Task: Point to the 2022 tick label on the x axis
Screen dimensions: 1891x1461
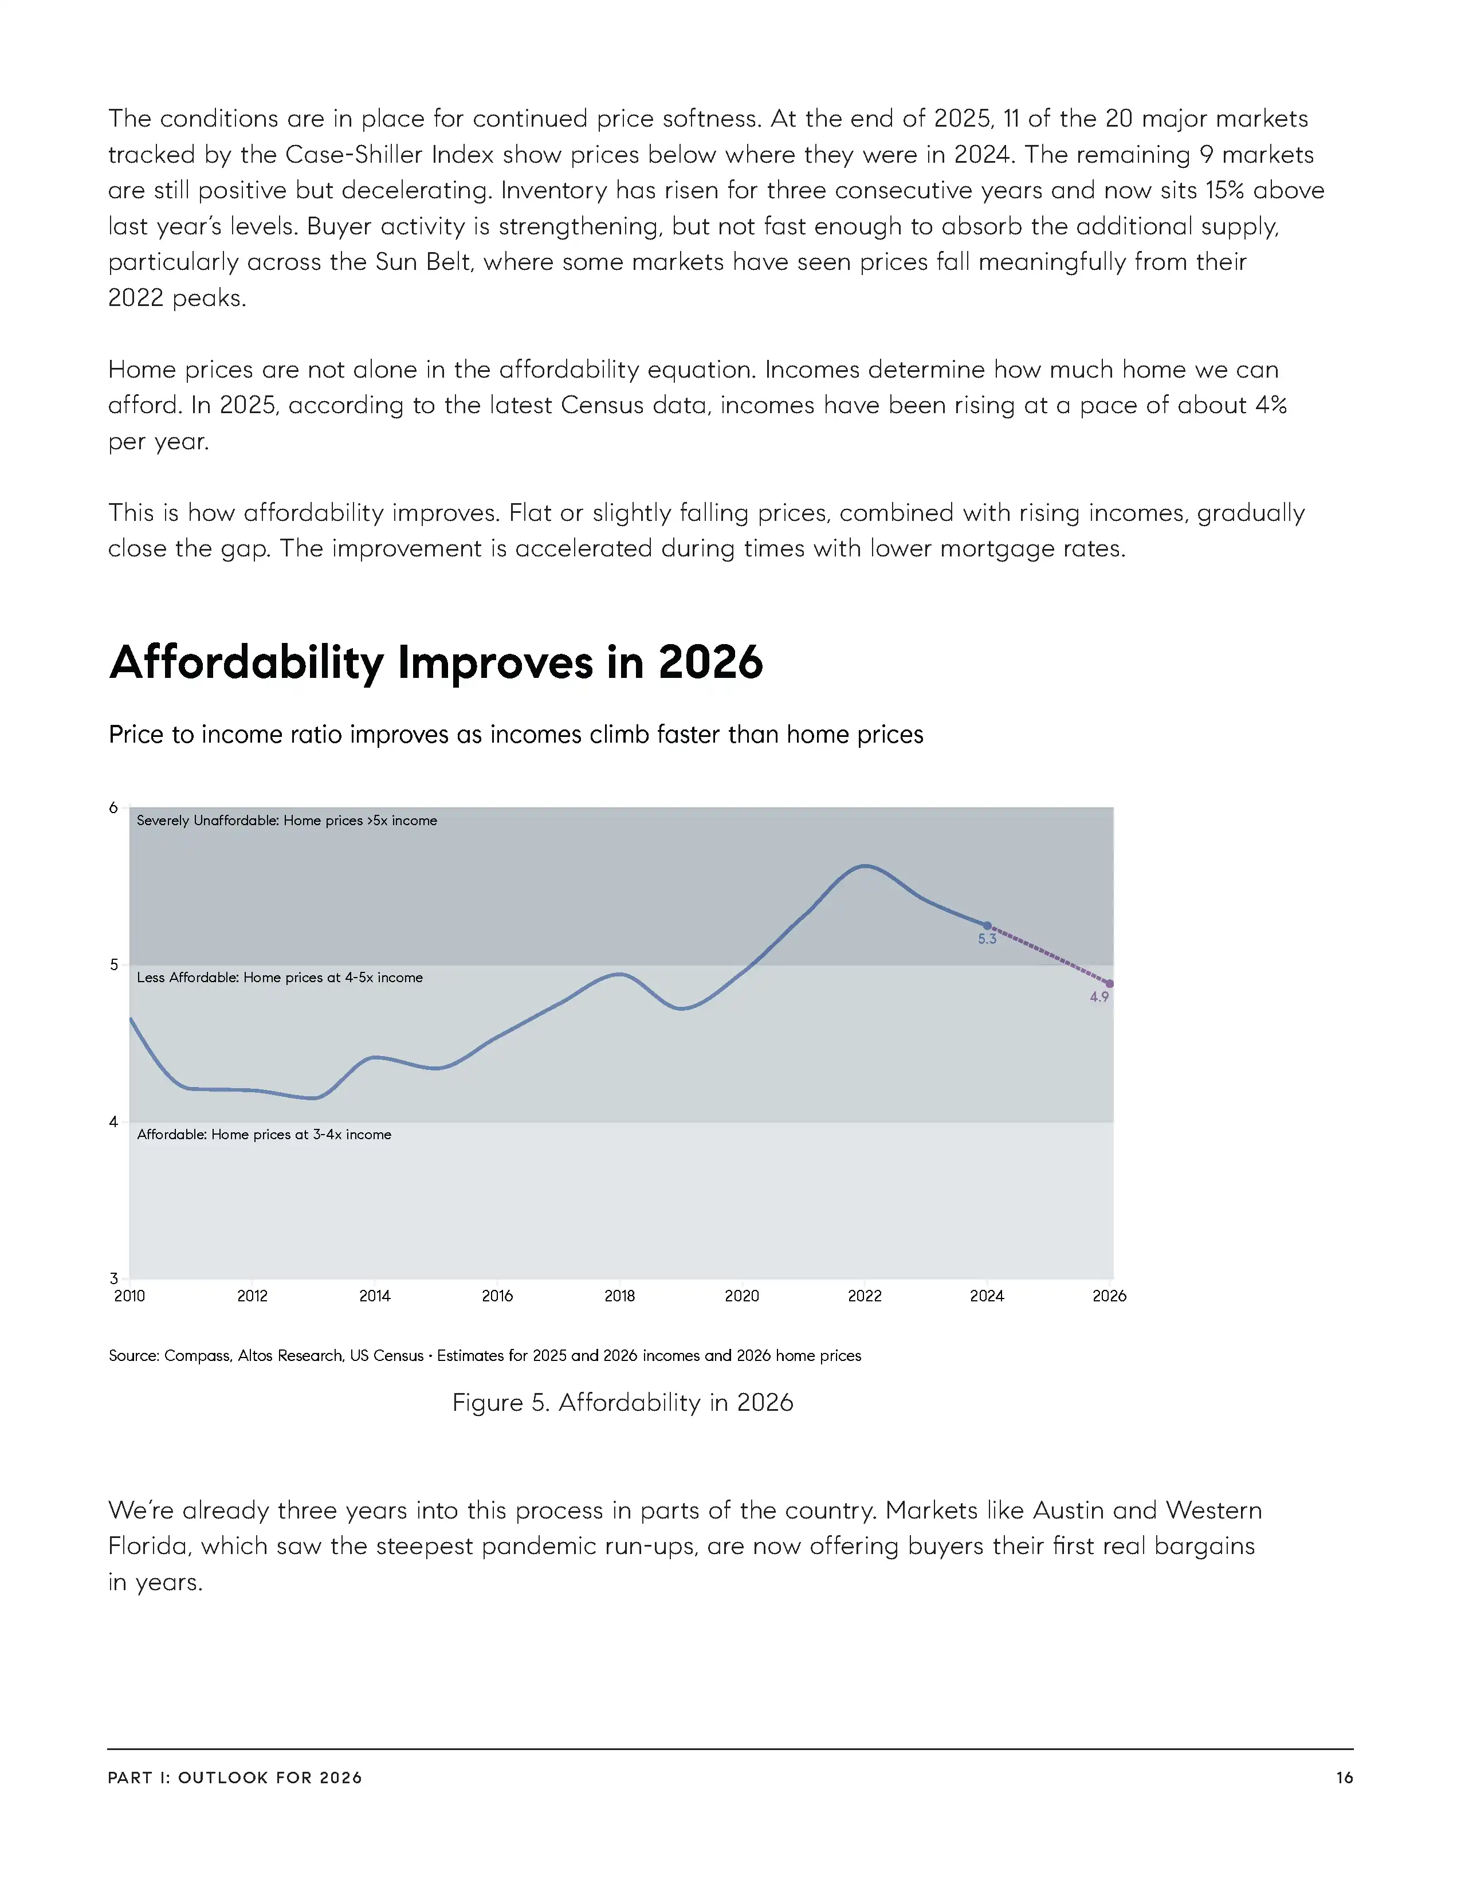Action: click(x=864, y=1296)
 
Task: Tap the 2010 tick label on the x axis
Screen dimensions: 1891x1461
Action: click(x=130, y=1296)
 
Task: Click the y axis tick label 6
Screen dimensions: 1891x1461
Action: click(x=113, y=808)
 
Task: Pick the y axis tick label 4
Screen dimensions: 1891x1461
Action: click(x=113, y=1122)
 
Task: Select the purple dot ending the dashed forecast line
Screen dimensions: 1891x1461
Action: click(x=1110, y=983)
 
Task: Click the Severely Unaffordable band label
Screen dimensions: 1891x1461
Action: click(x=286, y=821)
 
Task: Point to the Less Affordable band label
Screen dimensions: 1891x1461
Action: click(x=280, y=978)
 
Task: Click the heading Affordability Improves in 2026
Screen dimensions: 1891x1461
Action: click(x=436, y=662)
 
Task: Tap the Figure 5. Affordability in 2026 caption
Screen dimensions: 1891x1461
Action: click(x=622, y=1403)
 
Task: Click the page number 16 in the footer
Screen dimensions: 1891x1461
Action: click(x=1344, y=1778)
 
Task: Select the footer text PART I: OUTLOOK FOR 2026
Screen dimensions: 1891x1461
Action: click(x=234, y=1778)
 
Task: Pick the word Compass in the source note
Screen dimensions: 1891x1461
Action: click(x=197, y=1356)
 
